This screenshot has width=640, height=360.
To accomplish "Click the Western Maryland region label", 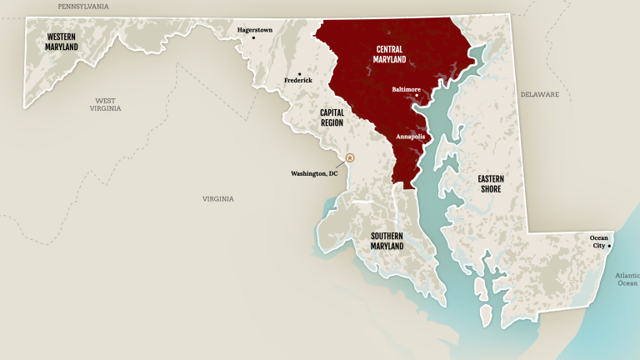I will click(x=62, y=42).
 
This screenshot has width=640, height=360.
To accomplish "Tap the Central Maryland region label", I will click(x=390, y=54).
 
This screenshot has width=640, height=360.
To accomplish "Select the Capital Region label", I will click(x=332, y=117).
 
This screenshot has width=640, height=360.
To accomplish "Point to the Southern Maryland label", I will click(x=387, y=241).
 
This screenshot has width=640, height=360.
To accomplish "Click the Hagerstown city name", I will click(x=255, y=30).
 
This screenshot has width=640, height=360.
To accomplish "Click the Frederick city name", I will click(x=298, y=81).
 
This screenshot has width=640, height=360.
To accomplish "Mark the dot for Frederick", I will click(x=299, y=72).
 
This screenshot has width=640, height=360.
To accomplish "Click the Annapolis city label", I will click(x=410, y=136).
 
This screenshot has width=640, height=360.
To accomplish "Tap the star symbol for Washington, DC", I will click(x=350, y=157).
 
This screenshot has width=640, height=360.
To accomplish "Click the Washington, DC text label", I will click(x=314, y=173).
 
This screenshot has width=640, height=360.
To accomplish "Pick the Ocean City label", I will click(x=599, y=242).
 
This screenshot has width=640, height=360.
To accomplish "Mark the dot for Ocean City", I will click(x=610, y=246).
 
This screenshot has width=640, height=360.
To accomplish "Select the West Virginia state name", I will click(x=106, y=104).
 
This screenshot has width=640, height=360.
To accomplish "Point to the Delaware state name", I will click(x=540, y=94).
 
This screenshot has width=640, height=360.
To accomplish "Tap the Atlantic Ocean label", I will click(x=627, y=279).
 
